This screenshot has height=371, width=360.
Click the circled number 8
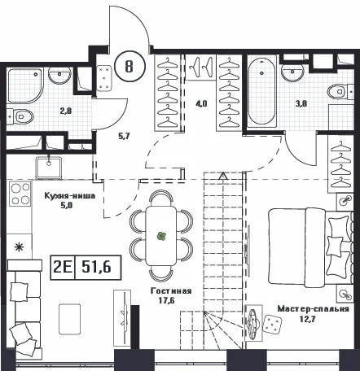coord(130,66)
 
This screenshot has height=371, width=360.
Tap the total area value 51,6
coord(96,267)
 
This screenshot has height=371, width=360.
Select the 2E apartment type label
coord(63,267)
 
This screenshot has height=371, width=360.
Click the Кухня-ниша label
coord(70,196)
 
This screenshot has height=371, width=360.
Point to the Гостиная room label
coord(171,291)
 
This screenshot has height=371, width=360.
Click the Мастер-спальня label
coord(313,309)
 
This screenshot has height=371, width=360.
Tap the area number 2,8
coord(66,111)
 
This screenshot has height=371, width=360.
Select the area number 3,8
coord(301,103)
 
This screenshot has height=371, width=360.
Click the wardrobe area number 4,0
coord(201,103)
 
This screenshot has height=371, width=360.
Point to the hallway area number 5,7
coord(124,136)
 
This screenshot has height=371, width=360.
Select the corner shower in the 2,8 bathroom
coord(25,86)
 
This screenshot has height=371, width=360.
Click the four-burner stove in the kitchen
coord(20,194)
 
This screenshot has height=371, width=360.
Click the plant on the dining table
coord(161,236)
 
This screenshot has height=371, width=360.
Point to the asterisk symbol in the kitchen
coord(19,247)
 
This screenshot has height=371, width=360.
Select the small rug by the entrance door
coord(104,78)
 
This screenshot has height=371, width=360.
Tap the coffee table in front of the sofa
coord(70,319)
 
